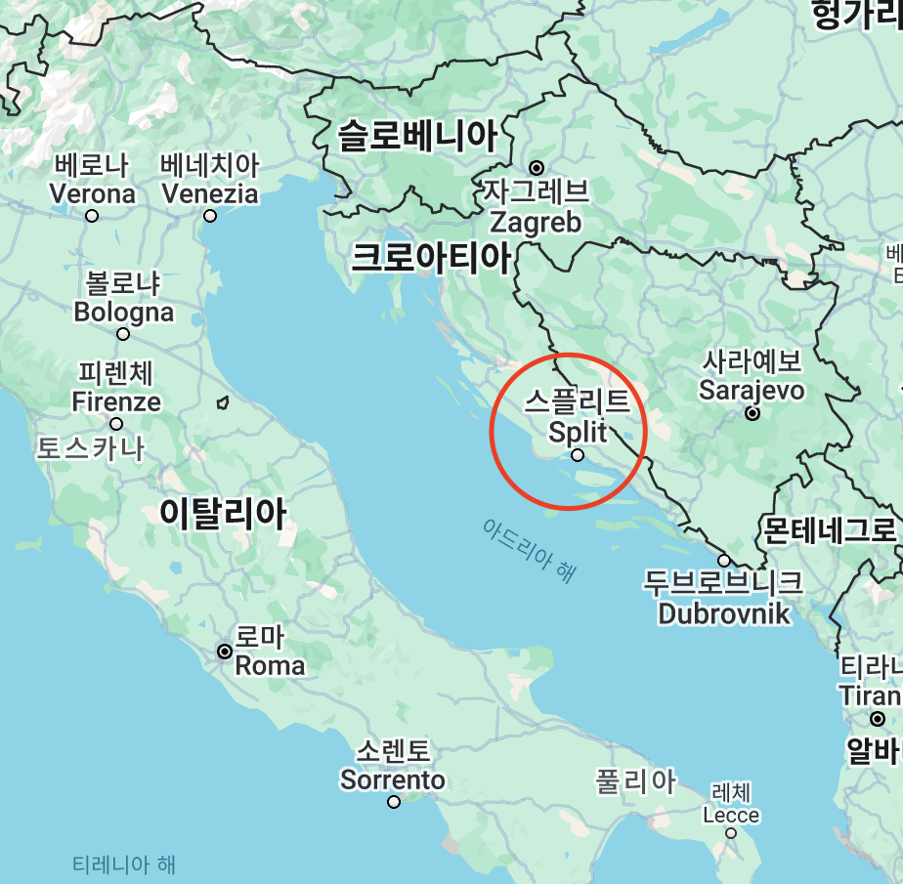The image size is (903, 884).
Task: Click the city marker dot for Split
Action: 578,455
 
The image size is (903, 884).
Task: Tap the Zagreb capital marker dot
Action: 537,168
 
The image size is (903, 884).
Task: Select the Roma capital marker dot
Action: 225,651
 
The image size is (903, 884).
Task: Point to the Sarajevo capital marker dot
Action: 752,413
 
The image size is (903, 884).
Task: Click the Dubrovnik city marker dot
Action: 724,561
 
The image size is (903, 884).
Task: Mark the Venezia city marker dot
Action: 209,216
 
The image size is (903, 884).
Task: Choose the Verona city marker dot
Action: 92,216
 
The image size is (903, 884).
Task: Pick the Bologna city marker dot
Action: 123,334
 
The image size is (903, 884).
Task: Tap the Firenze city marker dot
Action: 116,424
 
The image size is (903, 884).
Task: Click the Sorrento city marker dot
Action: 394,802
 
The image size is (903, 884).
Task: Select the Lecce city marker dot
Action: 731,833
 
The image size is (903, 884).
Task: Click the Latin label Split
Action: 578,431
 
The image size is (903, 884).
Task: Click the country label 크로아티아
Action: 431,258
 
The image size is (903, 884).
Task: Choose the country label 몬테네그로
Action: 829,530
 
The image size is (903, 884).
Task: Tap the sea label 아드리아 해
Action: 529,551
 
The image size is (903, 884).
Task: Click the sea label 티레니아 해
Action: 124,864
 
